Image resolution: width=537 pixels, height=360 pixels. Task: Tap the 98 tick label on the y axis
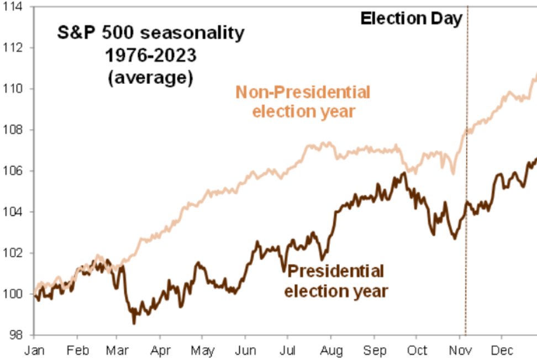pos(16,335)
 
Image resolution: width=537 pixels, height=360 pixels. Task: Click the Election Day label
pos(411,19)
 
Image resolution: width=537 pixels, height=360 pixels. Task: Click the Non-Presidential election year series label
pos(303,101)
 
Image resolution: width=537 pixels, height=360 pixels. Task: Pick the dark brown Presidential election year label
pos(336,280)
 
